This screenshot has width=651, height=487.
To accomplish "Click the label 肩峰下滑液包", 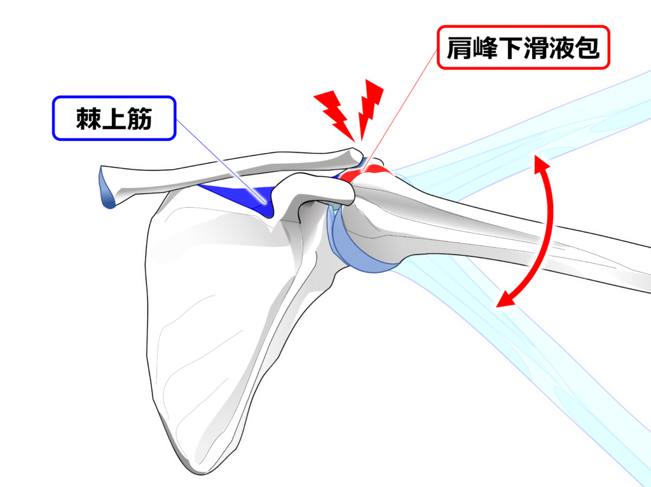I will [523, 49].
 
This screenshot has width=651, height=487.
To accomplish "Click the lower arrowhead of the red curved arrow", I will [504, 300].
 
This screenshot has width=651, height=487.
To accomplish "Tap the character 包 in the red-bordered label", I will [587, 49].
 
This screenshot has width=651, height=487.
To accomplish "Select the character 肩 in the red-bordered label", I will [459, 49].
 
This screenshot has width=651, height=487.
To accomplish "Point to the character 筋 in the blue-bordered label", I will [140, 117].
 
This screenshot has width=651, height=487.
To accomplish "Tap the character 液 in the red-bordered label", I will [561, 49].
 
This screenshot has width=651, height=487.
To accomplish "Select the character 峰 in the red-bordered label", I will [484, 49].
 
